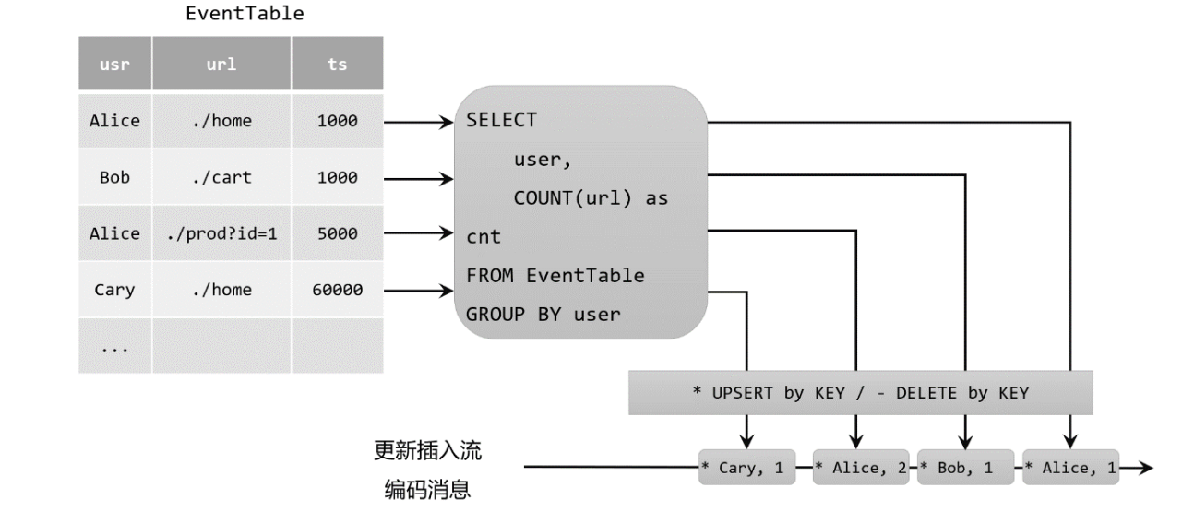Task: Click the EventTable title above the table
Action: click(x=231, y=14)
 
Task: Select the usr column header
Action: click(x=114, y=65)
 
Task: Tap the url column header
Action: click(x=221, y=65)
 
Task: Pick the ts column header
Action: click(x=337, y=65)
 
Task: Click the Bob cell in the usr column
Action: click(x=114, y=177)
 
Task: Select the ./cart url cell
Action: click(x=221, y=177)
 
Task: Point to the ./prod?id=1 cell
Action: click(x=221, y=233)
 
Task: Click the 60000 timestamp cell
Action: click(x=337, y=290)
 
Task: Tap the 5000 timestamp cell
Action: click(x=337, y=233)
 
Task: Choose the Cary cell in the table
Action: click(x=114, y=290)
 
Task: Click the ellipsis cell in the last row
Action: click(x=114, y=348)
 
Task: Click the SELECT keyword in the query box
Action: click(x=501, y=121)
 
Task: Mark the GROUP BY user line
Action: click(x=543, y=314)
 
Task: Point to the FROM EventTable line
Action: click(x=555, y=275)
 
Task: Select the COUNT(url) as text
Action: click(x=591, y=198)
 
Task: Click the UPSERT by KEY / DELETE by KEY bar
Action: click(x=860, y=393)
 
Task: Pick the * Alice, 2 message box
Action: click(x=862, y=468)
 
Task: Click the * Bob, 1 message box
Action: click(x=964, y=468)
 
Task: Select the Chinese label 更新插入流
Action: click(x=427, y=451)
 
